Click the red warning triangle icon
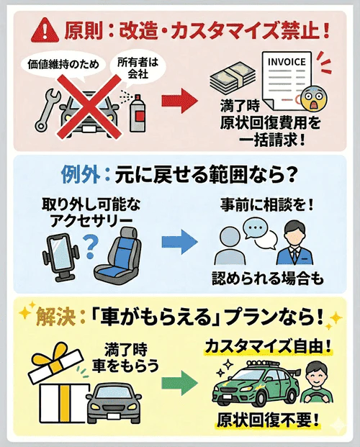[46, 32]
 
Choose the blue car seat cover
[126, 252]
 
